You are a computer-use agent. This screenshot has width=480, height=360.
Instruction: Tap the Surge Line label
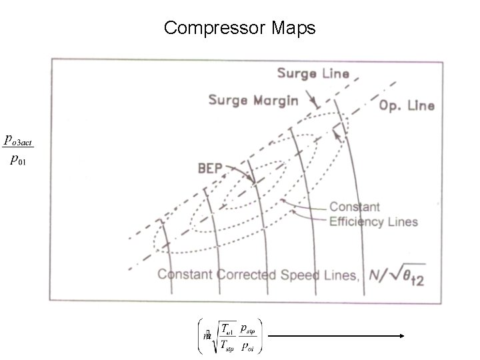(x=313, y=73)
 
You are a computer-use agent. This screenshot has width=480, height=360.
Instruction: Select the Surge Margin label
(x=253, y=100)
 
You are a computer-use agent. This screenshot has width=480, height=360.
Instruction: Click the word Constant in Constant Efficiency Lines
(x=355, y=207)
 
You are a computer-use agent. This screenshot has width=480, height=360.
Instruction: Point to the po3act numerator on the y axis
(x=19, y=140)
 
